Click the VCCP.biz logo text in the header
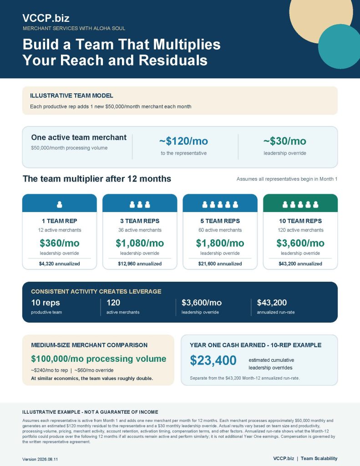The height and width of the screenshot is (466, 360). (x=46, y=18)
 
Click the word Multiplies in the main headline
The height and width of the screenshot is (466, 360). (x=187, y=44)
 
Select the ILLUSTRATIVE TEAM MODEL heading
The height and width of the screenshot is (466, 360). (x=71, y=96)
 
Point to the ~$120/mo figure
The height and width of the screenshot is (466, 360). (x=184, y=141)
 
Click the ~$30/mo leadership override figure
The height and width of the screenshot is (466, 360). (x=285, y=141)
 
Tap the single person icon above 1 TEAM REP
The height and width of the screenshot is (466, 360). (x=60, y=204)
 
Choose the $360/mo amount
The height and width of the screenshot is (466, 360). (x=60, y=243)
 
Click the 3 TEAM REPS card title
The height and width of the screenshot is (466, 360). (x=140, y=221)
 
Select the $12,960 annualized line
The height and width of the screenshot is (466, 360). (x=140, y=263)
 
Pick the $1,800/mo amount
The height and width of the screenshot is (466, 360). (x=220, y=243)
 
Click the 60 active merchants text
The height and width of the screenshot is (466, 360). (x=220, y=230)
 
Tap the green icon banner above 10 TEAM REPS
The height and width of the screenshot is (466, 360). (x=300, y=203)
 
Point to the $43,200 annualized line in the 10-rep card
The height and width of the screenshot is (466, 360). (x=300, y=263)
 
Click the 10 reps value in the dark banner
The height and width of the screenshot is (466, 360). (x=46, y=303)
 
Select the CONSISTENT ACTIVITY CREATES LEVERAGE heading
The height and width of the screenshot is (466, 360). (x=96, y=292)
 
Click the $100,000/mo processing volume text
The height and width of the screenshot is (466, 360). (x=99, y=359)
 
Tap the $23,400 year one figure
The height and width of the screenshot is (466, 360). (x=213, y=360)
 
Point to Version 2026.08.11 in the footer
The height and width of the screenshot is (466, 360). (x=40, y=459)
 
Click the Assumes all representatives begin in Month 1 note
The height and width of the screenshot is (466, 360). (x=287, y=179)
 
